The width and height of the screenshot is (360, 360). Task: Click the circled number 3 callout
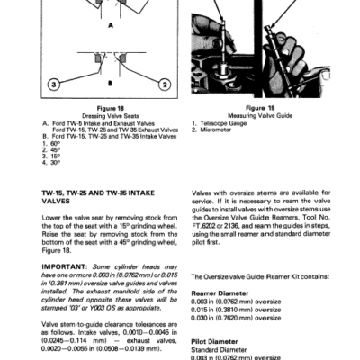point(54,86)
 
